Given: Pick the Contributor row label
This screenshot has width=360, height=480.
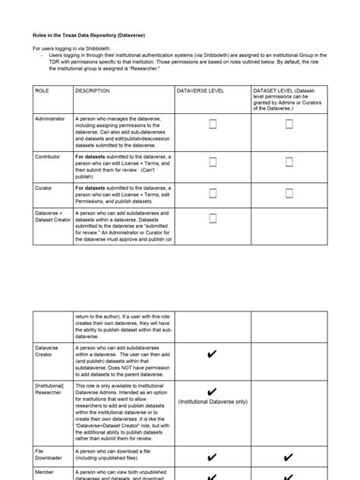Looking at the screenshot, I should click(48, 156).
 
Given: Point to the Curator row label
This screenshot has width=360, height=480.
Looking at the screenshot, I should click(44, 187).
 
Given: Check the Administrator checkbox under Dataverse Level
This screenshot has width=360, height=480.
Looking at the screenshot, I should click(213, 125).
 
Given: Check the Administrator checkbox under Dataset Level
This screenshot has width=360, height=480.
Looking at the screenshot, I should click(289, 125).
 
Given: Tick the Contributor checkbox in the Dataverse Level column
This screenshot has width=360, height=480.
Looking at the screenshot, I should click(213, 162).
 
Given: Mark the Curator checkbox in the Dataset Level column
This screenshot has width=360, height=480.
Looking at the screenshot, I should click(289, 193).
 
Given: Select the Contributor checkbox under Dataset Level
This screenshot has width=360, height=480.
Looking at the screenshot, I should click(289, 162).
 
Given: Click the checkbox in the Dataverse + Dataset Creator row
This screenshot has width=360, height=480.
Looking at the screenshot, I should click(213, 219).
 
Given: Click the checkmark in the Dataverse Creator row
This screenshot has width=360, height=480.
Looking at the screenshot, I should click(213, 355).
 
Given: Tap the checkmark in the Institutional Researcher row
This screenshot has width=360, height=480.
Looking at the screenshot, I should click(213, 390).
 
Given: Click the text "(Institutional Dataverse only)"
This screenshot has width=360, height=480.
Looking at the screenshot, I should click(213, 402).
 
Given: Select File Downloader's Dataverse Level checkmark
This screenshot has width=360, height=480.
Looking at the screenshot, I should click(213, 457).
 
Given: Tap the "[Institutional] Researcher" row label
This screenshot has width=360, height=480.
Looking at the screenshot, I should click(51, 390).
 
